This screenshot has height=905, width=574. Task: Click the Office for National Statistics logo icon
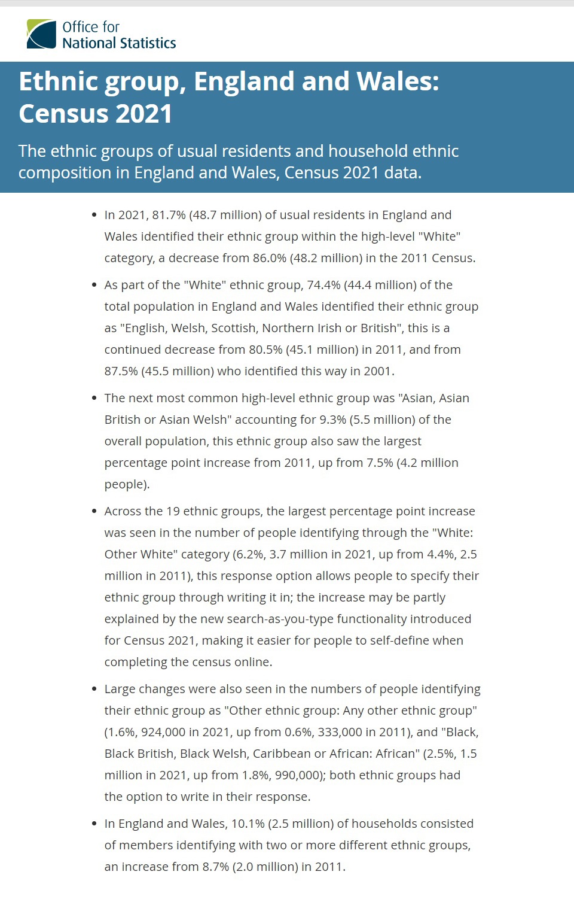coord(41,34)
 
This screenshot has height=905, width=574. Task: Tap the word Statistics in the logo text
coord(148,43)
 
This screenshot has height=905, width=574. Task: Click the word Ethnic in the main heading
coord(58,81)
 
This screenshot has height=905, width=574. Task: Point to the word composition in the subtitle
coord(65,173)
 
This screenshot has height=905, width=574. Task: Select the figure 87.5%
coord(121,371)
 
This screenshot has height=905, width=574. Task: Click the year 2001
coord(377,371)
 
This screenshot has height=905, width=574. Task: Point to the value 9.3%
coord(332,420)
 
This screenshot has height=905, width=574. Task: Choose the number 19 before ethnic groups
coord(173,511)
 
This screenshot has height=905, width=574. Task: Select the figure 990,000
coord(299,775)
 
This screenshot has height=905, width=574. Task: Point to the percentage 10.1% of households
coord(248,824)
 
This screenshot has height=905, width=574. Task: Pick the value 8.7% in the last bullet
coord(215,867)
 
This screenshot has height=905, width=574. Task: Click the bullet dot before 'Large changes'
coord(94,689)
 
